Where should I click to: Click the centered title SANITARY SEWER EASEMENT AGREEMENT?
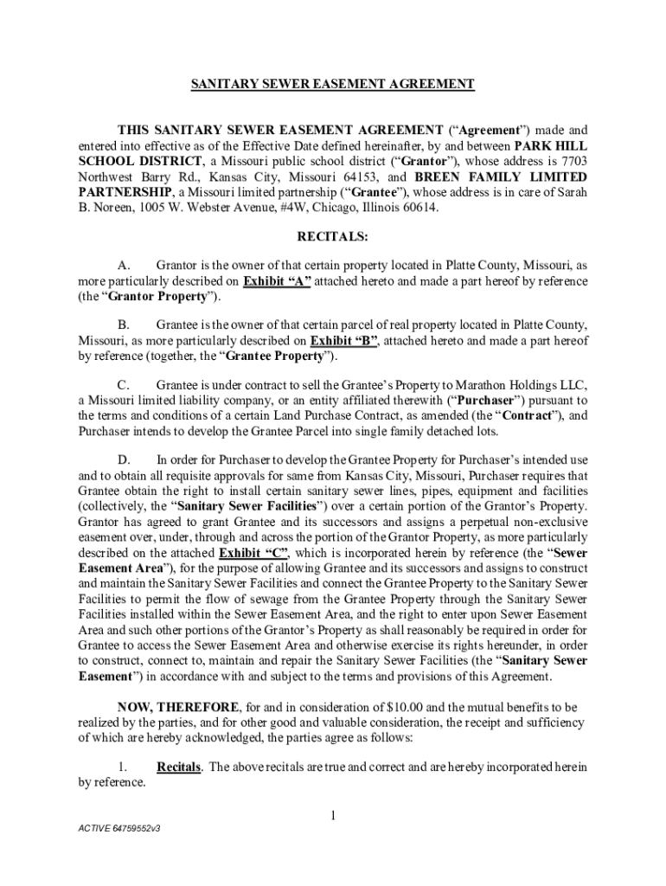(333, 84)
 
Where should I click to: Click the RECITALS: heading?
(333, 235)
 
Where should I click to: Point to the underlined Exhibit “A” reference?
(277, 281)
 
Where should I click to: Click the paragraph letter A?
(123, 266)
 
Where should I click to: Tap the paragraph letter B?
(123, 324)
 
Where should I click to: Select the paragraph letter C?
(123, 383)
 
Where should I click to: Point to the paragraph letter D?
(123, 459)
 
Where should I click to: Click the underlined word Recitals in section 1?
(180, 767)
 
